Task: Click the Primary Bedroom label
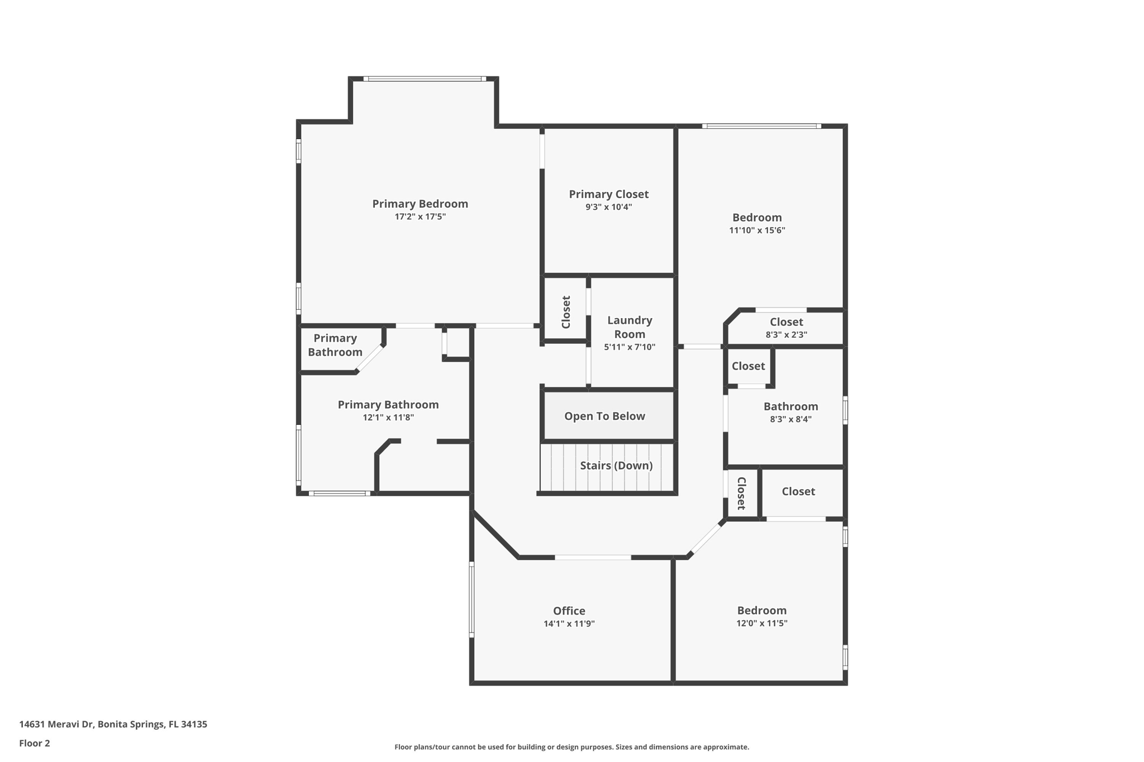[x=420, y=204]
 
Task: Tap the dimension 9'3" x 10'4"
[x=608, y=207]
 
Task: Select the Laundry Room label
[x=630, y=327]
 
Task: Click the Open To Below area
[x=604, y=416]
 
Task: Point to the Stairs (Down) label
[x=616, y=466]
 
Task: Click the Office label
[x=569, y=611]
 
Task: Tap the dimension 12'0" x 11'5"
[x=761, y=624]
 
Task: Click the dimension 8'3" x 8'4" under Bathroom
[x=790, y=419]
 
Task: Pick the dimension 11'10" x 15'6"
[x=757, y=231]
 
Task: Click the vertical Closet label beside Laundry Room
[x=566, y=312]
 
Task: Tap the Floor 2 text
[x=35, y=743]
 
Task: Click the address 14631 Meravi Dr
[x=113, y=724]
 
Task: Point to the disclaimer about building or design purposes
[x=571, y=747]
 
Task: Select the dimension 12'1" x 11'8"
[x=388, y=418]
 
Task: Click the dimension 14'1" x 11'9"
[x=569, y=624]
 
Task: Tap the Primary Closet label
[x=608, y=194]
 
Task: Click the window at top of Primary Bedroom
[x=425, y=79]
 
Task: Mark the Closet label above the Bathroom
[x=748, y=366]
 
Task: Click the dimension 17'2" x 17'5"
[x=420, y=217]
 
